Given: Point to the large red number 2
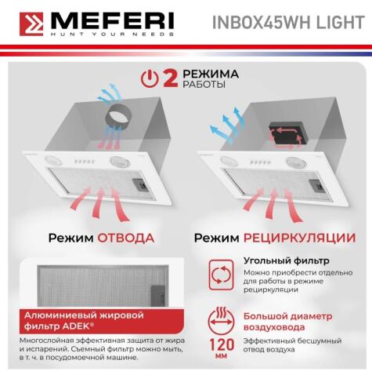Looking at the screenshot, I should (x=168, y=78).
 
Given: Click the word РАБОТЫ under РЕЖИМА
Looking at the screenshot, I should (x=200, y=84).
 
